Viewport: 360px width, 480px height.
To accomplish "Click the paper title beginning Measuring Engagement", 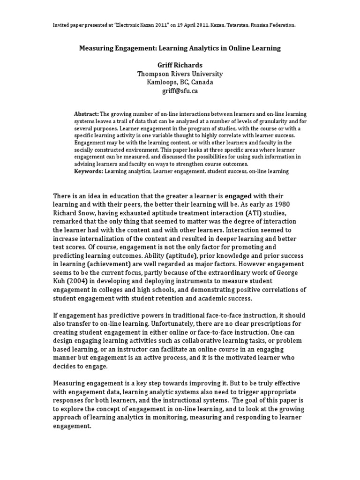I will tap(180, 48).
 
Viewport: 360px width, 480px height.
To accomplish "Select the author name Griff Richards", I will tap(180, 65).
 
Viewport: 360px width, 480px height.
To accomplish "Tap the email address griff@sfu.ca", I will tap(180, 91).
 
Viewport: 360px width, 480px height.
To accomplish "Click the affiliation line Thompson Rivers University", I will tap(180, 74).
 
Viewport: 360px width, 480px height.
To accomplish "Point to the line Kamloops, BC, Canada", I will tap(180, 82).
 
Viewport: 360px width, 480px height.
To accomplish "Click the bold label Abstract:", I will tap(87, 114).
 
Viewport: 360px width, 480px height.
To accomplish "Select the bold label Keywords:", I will tap(89, 172).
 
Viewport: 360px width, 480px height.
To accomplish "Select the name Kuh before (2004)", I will tap(60, 280).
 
